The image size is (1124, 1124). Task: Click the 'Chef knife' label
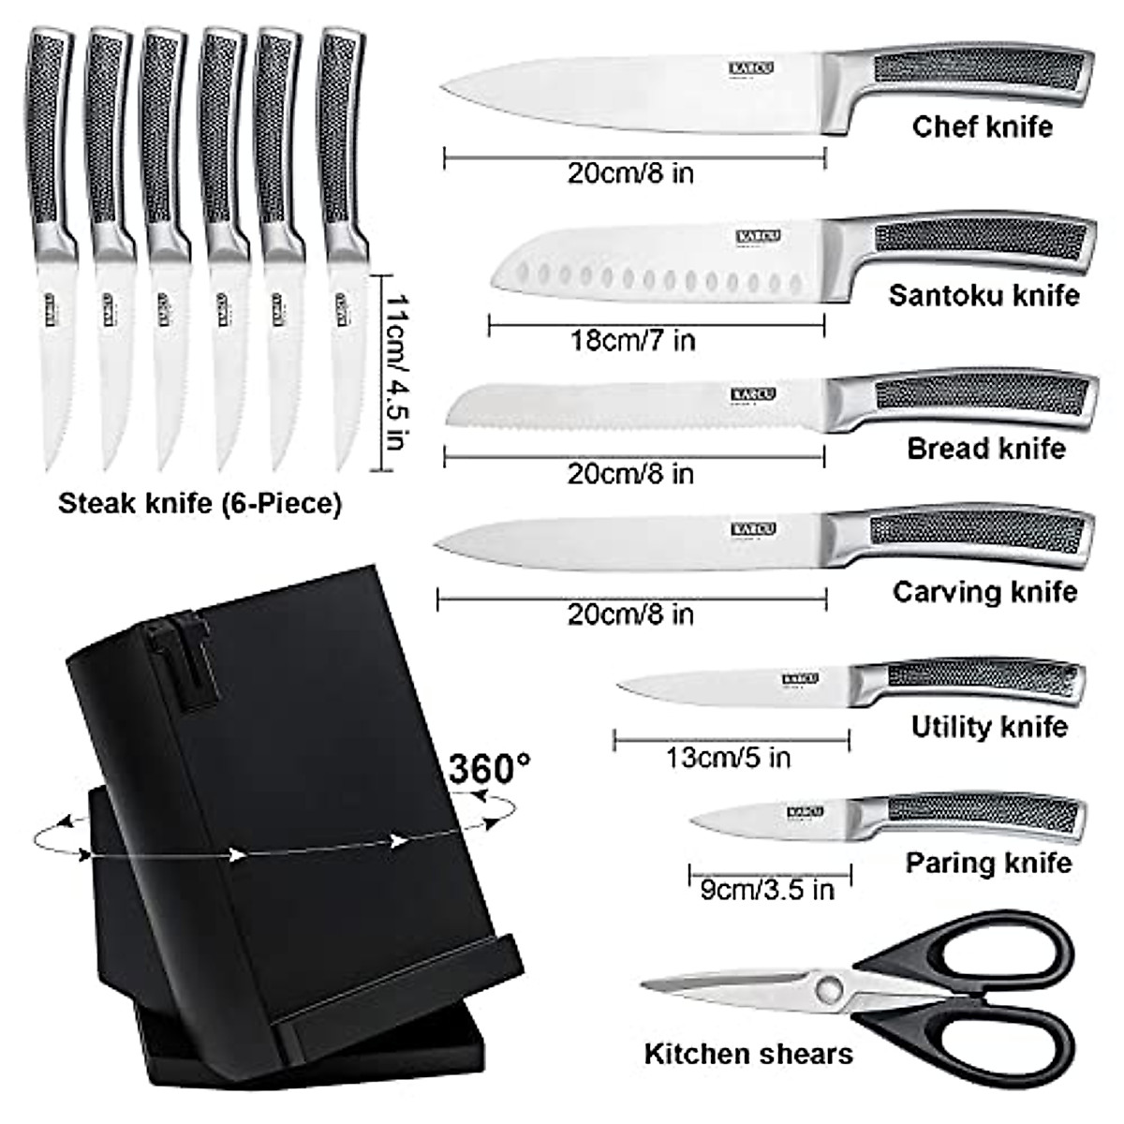pos(982,126)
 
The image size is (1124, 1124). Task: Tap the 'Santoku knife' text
pos(983,296)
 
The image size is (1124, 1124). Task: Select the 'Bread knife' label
pos(985,449)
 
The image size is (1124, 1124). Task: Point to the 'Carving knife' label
pos(984,592)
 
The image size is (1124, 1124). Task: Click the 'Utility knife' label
pos(989,727)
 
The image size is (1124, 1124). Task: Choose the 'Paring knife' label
pos(988,863)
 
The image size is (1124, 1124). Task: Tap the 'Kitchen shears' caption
pos(748,1054)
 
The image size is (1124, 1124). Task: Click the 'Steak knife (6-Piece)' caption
pos(200,504)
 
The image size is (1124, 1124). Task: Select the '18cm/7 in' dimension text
pos(633,340)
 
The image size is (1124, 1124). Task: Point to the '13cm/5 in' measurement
pos(728,757)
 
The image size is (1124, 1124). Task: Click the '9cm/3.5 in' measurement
pos(766,889)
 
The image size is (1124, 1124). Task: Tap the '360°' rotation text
pos(489,769)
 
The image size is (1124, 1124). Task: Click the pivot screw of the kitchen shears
pos(827,987)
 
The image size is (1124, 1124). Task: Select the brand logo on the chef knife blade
pos(752,68)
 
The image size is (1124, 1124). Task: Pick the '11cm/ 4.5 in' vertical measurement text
pos(397,373)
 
